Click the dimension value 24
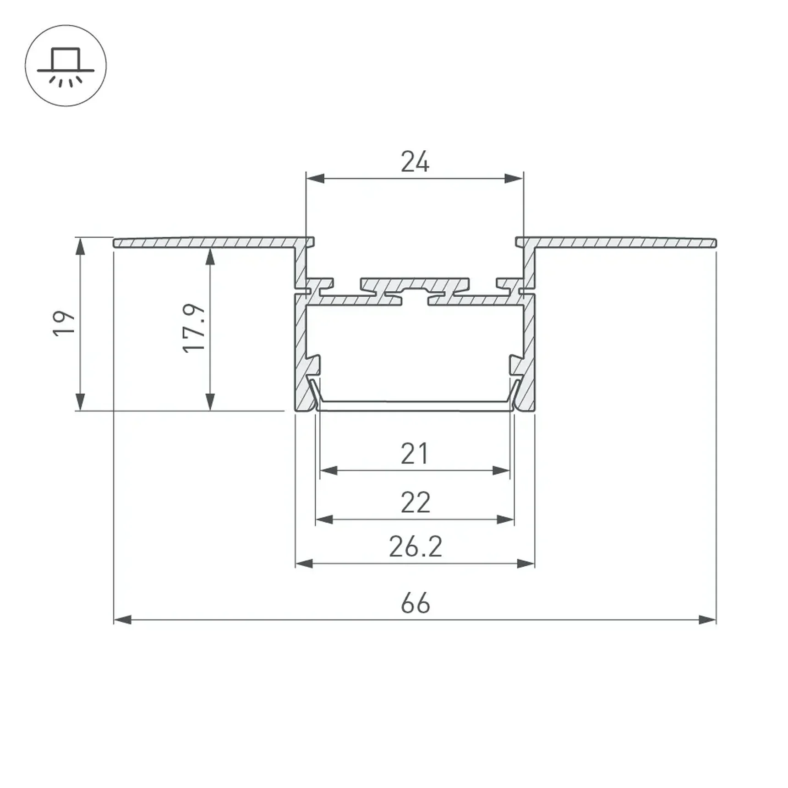415,162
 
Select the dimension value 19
64,323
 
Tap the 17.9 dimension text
194,328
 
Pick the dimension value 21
415,454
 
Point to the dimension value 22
416,502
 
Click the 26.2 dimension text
416,547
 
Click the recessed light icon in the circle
66,67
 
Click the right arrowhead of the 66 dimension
707,620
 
